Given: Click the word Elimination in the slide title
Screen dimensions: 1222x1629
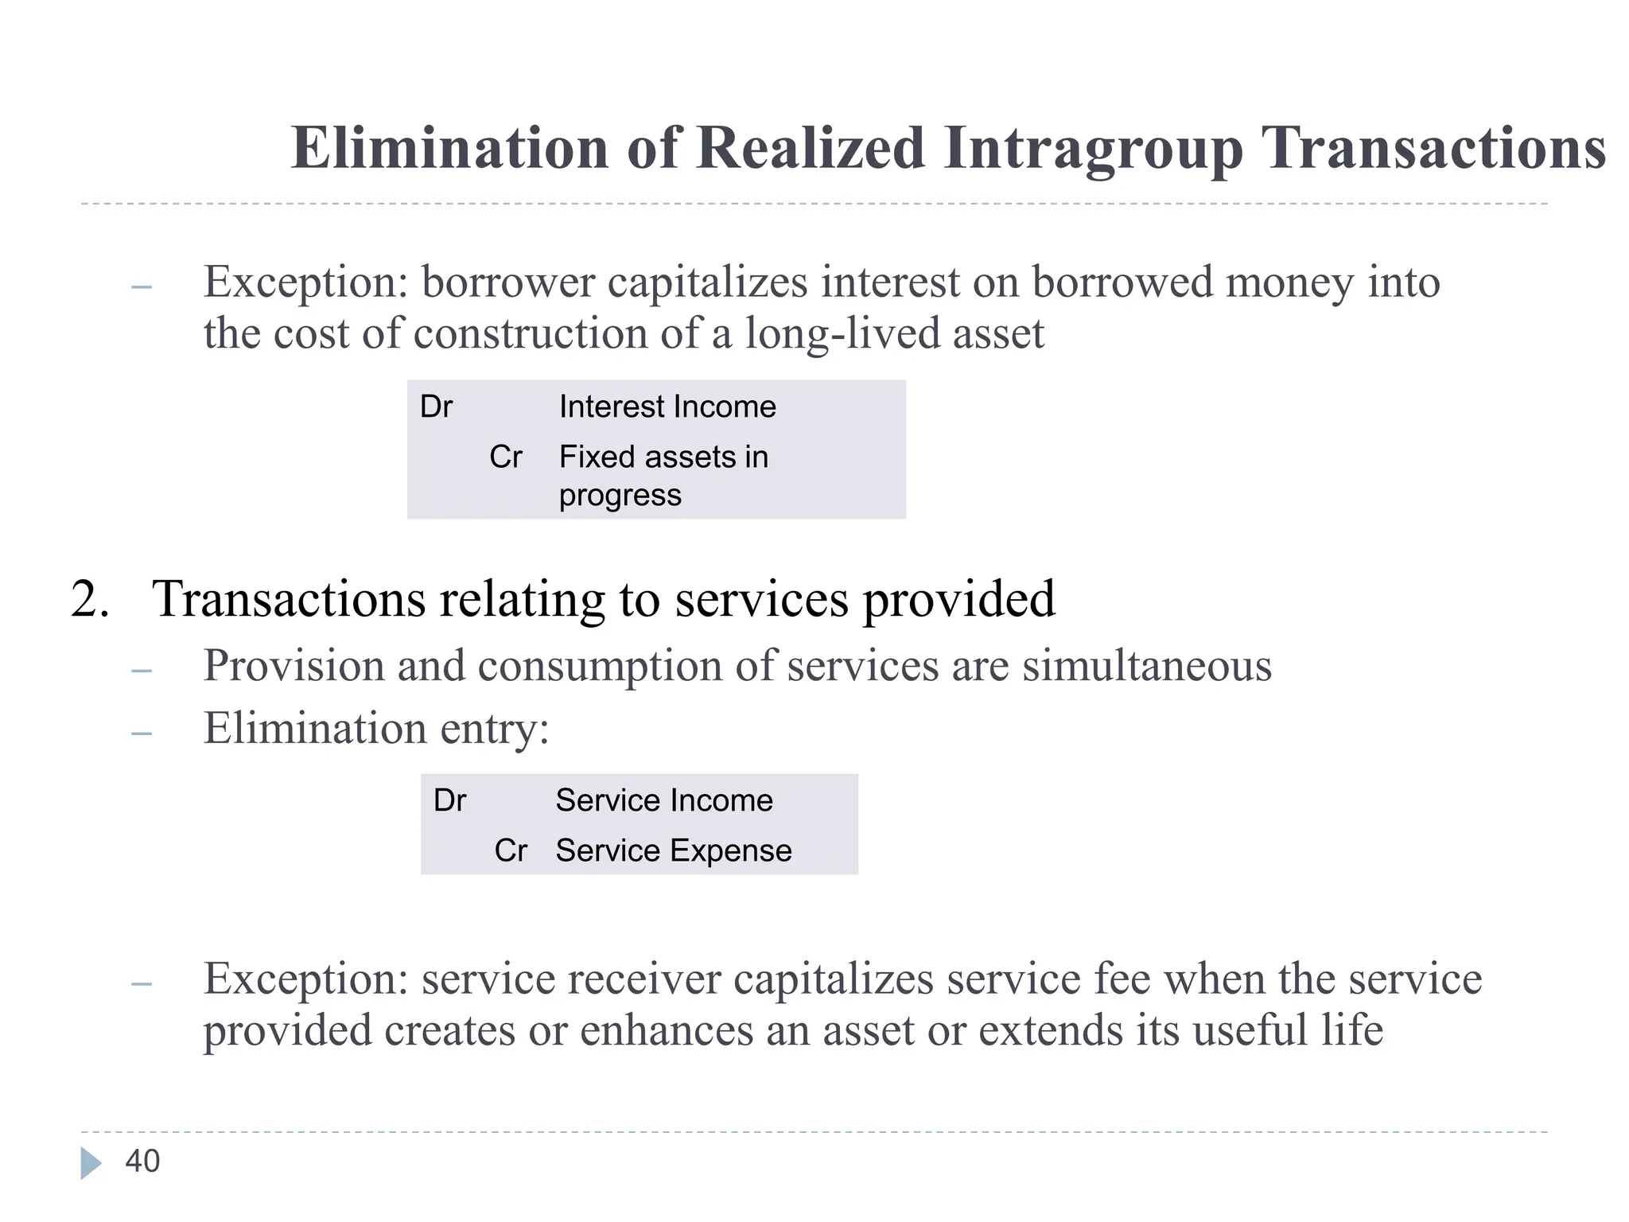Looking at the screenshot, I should (x=449, y=148).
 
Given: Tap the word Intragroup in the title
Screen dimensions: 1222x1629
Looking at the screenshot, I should (x=1093, y=150).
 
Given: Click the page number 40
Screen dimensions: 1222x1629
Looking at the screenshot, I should (x=142, y=1162).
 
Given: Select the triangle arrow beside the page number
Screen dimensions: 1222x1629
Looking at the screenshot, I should (x=91, y=1163).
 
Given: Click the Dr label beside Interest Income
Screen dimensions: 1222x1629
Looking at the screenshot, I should (x=436, y=407).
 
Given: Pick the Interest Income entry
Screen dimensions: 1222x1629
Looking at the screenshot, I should (x=667, y=407).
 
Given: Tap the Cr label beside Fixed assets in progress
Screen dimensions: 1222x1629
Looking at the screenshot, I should (x=506, y=457).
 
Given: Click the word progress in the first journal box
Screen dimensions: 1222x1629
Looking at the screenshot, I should (x=620, y=496).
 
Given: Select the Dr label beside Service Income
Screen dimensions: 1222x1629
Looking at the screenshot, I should (x=449, y=800).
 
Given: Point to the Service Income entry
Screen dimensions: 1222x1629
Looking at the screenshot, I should (x=663, y=800).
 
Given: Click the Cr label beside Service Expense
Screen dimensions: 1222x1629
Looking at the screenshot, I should (x=511, y=850).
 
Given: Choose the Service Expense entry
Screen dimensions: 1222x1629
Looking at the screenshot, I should (x=673, y=850).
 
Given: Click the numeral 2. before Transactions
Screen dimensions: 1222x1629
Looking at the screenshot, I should (x=90, y=598).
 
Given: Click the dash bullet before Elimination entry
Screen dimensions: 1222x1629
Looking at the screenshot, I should (x=142, y=733).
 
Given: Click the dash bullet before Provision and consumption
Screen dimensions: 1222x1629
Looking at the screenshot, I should (x=142, y=671).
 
